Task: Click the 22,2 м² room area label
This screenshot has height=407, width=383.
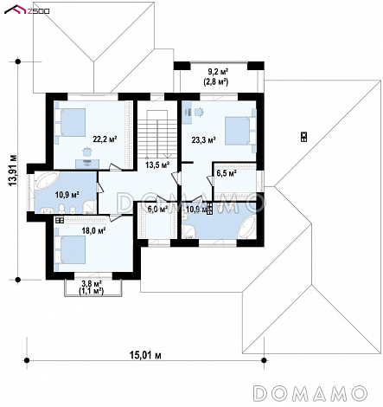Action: coord(105,139)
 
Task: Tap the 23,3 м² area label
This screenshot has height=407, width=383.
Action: coord(204,140)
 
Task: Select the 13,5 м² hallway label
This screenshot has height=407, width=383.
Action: coord(157,165)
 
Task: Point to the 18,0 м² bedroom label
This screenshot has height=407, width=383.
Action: coord(93,230)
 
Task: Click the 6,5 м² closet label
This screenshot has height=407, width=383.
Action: coord(227,173)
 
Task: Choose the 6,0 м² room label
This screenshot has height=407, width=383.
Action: coord(157,209)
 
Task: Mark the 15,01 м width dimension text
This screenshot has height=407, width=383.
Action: coord(145,355)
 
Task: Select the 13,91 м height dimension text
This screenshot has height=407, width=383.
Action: coord(13,171)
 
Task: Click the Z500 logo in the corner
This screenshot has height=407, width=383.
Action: coord(26,10)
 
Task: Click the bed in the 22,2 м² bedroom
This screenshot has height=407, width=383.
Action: coord(70,122)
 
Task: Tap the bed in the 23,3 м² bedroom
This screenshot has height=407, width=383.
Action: coord(240,131)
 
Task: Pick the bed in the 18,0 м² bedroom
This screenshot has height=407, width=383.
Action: coord(70,249)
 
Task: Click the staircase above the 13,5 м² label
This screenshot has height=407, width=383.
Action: coord(157,133)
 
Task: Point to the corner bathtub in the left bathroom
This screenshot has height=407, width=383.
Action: coord(47,181)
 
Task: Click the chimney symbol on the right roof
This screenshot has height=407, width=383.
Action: coord(303,137)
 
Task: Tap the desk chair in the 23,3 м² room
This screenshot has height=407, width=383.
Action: coord(199,112)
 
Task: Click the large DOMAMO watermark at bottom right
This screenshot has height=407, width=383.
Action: coord(310,393)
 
